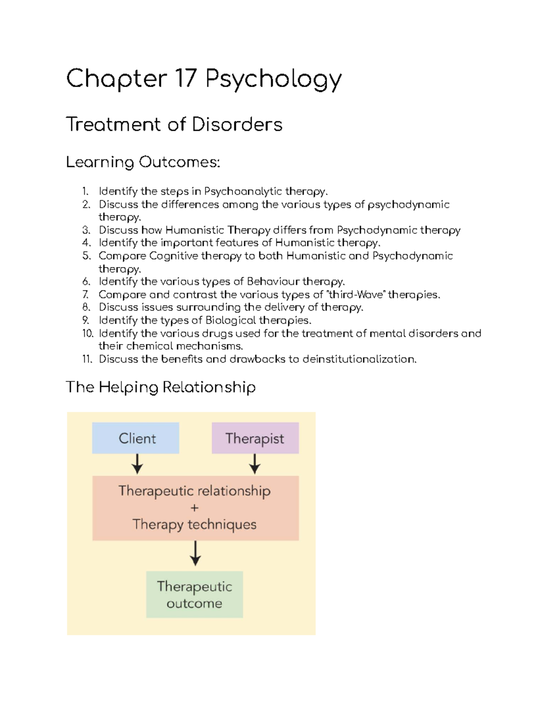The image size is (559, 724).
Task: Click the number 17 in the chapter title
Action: coord(185,78)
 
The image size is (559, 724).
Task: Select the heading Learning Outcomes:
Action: coord(143,162)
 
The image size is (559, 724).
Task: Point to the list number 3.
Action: coord(86,230)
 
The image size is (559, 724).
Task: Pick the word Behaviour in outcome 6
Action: coord(273,282)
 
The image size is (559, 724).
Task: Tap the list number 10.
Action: coord(88,333)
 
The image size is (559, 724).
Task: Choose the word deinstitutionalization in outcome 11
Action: coord(359,359)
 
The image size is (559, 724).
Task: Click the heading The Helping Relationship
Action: coord(161,387)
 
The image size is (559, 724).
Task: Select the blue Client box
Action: coord(136,438)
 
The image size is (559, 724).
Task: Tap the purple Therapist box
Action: coord(255,438)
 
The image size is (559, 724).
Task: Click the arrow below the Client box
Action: coord(137,464)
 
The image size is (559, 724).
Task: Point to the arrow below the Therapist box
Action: coord(255,464)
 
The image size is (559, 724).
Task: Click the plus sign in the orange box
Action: coord(195,508)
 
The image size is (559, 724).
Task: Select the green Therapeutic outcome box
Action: coord(194,594)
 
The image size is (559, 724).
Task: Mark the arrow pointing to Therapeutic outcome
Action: coord(195,553)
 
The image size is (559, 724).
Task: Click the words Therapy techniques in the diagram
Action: coord(194,524)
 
